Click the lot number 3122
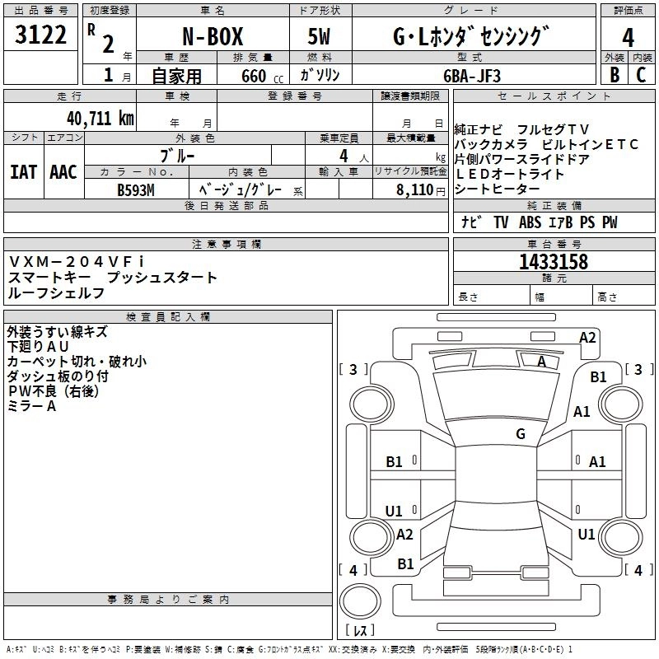41,36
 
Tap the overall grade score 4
628,37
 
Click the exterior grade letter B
614,74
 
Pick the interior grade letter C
642,74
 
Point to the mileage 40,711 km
95,118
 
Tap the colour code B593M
135,189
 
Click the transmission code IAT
22,172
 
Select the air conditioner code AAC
63,172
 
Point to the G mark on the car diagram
521,433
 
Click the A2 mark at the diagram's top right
587,337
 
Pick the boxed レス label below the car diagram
359,631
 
